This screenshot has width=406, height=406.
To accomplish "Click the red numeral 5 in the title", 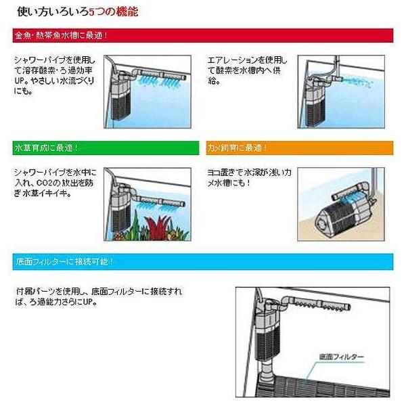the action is tap(91, 12).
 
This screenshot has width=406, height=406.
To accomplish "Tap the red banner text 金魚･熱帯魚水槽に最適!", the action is tap(61, 35).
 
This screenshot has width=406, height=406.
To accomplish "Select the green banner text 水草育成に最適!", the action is tap(46, 148).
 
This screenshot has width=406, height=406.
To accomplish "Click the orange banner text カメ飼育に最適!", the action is tap(237, 148).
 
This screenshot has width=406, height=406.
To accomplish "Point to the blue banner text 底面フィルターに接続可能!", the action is tap(65, 261).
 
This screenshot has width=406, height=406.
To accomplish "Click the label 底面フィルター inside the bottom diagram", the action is tap(341, 357).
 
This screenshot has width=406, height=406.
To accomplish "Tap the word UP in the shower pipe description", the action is tap(20, 81).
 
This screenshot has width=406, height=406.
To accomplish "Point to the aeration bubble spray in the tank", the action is tap(357, 82).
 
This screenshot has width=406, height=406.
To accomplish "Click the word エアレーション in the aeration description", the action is tap(233, 61).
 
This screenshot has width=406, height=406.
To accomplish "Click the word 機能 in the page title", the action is tap(127, 12).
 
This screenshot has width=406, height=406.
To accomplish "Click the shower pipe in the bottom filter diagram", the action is tap(320, 303).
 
